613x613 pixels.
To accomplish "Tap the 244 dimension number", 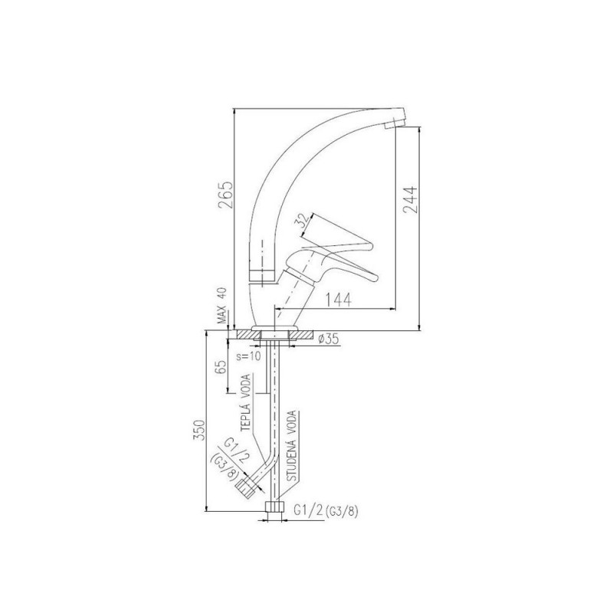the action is click(411, 200).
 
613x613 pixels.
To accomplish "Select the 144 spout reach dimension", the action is click(339, 300).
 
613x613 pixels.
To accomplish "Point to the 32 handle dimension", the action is click(303, 221).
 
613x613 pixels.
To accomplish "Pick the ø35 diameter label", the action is click(329, 339).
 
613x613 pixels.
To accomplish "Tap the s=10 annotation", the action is click(248, 356).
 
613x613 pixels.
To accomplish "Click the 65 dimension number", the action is click(221, 368).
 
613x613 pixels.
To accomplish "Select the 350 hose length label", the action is click(199, 430).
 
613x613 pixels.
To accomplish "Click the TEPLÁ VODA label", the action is click(246, 403).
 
